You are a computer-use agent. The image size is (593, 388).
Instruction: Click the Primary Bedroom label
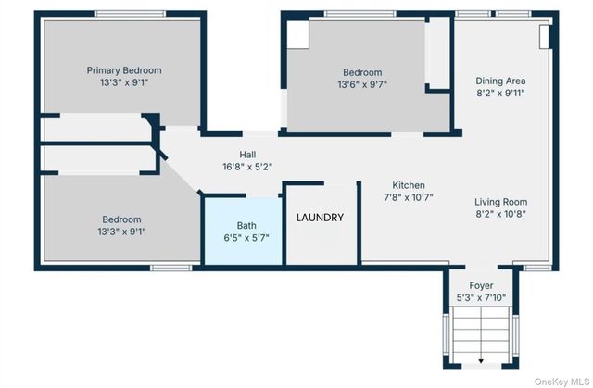(124, 70)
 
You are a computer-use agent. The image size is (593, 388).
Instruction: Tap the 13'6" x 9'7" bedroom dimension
(362, 84)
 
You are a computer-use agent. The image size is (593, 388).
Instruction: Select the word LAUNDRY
(320, 218)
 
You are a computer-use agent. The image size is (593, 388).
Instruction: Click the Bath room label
(246, 226)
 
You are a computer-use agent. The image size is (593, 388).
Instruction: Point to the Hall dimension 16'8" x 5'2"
(247, 167)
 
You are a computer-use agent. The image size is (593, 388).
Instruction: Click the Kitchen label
(409, 185)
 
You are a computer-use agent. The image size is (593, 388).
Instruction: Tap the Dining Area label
(500, 81)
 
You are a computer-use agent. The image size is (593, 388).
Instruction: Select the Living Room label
(500, 202)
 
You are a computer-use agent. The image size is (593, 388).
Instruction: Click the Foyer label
(481, 285)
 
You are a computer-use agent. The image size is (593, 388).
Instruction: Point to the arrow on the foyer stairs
(481, 361)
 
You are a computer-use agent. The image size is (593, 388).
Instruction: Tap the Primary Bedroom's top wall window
(130, 14)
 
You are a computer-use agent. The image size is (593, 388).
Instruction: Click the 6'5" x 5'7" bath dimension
(246, 238)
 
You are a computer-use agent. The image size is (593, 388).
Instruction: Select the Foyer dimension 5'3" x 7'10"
(481, 297)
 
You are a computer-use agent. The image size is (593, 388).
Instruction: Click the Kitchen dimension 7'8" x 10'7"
(409, 197)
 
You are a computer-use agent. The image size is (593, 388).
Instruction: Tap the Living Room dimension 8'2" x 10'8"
(500, 214)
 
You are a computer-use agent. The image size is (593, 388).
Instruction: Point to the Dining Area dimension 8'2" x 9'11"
(500, 93)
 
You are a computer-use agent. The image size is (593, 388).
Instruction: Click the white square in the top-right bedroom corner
(298, 34)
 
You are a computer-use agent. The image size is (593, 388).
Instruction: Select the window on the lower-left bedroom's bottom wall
(170, 268)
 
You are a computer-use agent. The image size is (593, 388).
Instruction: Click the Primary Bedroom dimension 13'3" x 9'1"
(124, 82)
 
